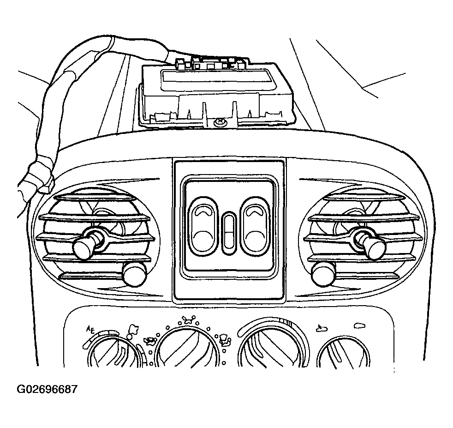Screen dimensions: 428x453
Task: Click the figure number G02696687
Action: [x=47, y=389]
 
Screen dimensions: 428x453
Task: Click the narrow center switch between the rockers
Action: [x=228, y=232]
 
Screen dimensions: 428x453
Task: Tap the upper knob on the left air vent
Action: [x=84, y=246]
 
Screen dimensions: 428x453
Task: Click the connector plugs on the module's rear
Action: [x=212, y=63]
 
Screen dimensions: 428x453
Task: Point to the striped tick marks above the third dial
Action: [x=287, y=322]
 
